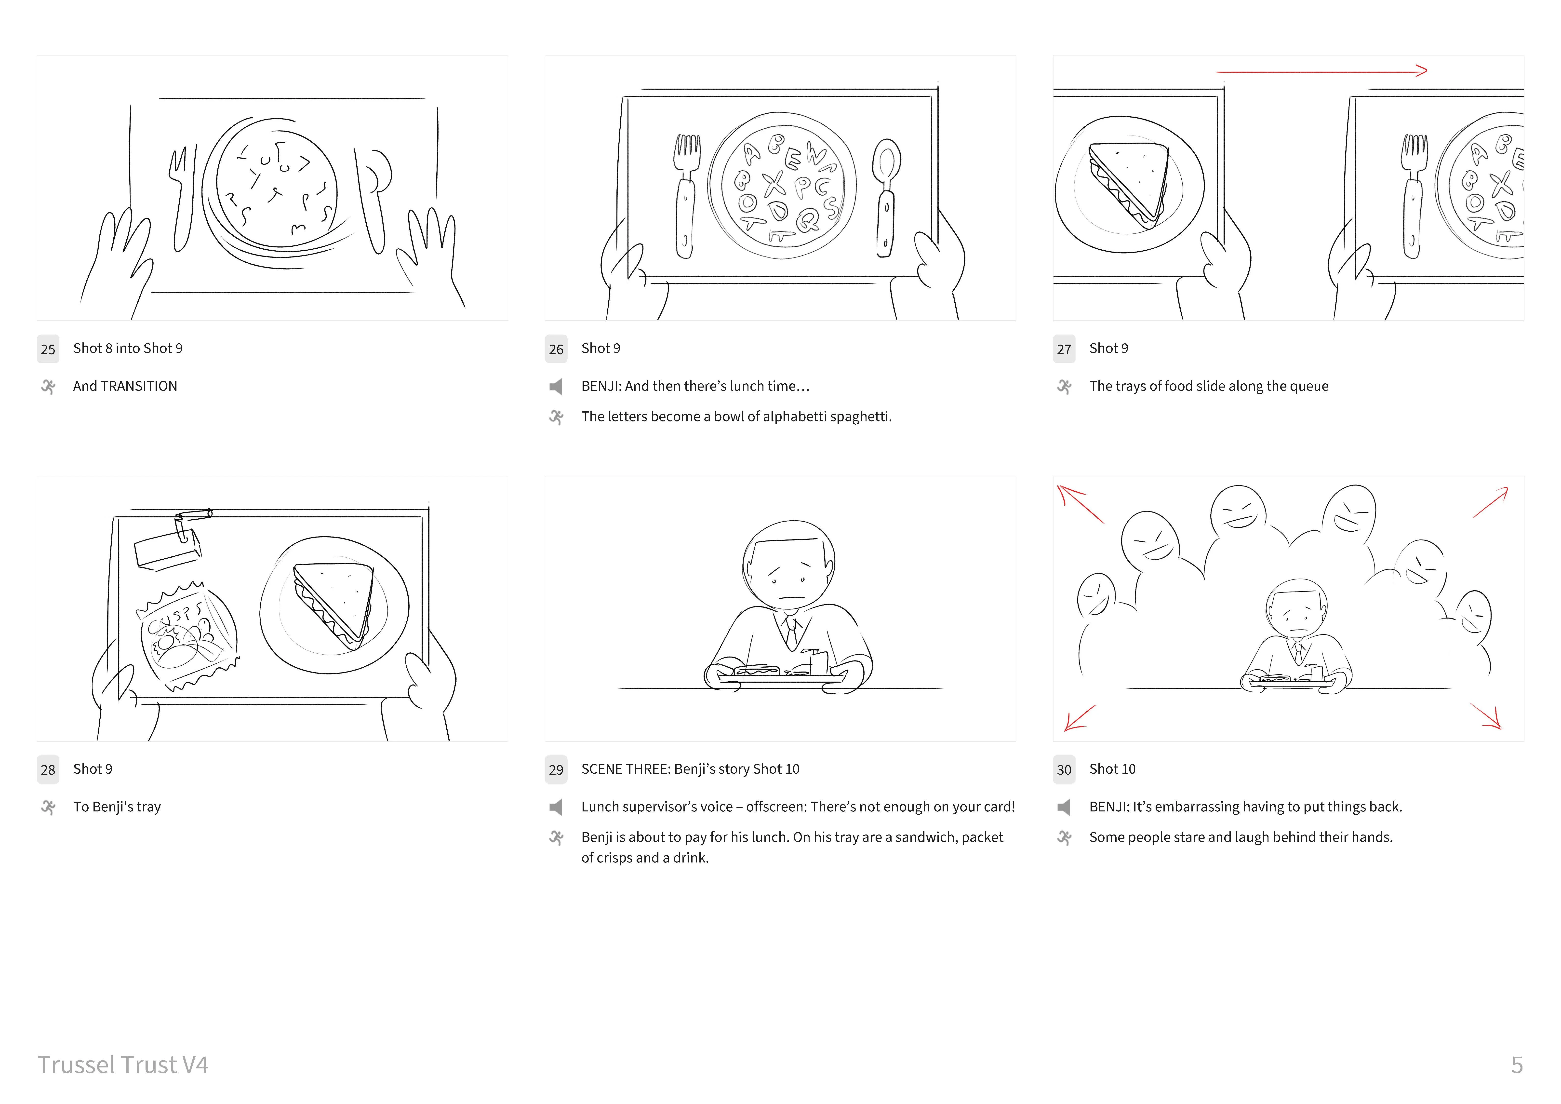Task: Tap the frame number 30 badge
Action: [x=1064, y=769]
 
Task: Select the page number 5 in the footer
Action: [x=1517, y=1064]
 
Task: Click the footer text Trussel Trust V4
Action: [x=122, y=1064]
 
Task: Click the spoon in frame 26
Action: [x=886, y=197]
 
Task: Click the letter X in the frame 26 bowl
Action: [x=774, y=184]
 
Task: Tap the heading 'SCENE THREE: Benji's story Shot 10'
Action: [x=690, y=769]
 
